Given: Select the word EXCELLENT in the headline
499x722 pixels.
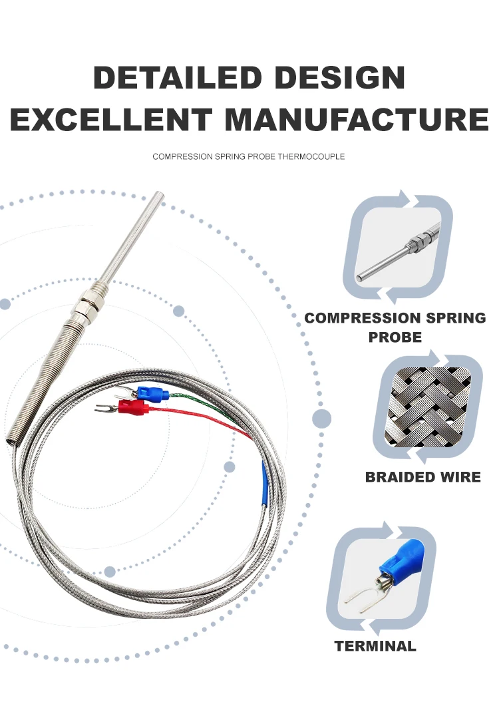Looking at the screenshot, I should click(111, 120).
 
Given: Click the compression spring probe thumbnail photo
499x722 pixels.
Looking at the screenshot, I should click(398, 247).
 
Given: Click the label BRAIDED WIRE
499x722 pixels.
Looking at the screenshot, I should click(422, 477).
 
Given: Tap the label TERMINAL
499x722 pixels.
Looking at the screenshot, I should click(375, 645).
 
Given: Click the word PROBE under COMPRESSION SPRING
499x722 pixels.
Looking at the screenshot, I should click(395, 337).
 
